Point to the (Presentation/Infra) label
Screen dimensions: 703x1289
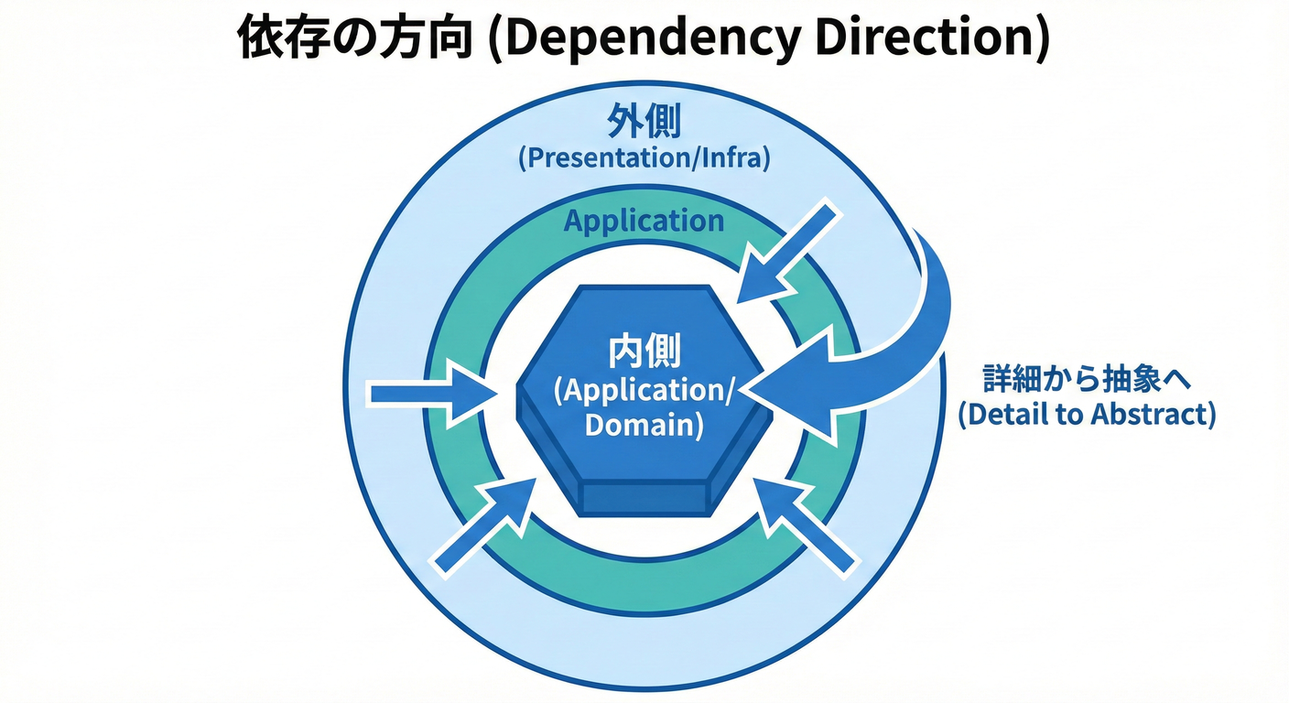pos(644,158)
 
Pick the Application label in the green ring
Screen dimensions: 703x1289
pos(644,221)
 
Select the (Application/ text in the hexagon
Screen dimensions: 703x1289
pos(644,390)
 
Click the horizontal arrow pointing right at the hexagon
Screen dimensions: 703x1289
pos(430,395)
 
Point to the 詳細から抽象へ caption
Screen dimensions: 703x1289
pos(1087,378)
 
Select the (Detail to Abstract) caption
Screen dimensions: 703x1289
pos(1087,415)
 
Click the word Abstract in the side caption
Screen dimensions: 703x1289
pos(1154,415)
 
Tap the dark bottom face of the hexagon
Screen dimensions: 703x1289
pos(644,497)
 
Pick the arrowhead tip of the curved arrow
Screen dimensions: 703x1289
pos(753,391)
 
